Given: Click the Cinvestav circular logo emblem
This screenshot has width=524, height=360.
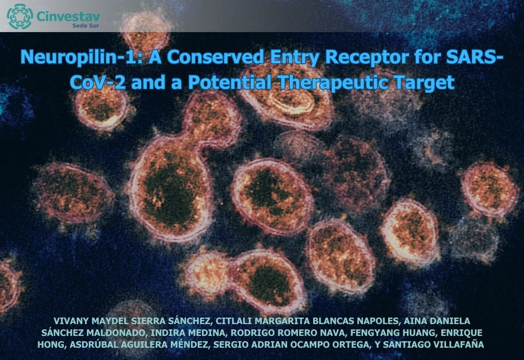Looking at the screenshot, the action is point(20,17).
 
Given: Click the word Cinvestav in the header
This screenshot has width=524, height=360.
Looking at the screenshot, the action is point(68,16).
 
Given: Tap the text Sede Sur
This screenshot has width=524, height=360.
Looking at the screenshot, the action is point(85,26).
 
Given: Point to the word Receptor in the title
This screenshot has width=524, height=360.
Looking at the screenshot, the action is point(367,58).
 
